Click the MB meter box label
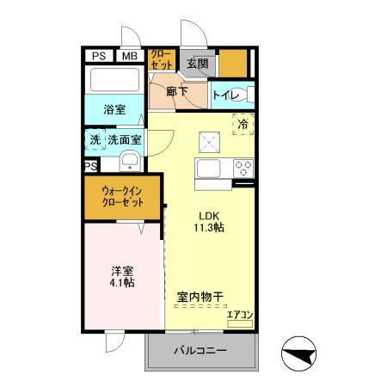[x=129, y=57]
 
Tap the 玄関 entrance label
[x=197, y=63]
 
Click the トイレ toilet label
[x=225, y=95]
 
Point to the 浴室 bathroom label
[x=114, y=110]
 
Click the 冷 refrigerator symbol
[x=243, y=125]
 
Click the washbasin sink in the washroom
[x=130, y=161]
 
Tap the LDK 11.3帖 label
[x=210, y=222]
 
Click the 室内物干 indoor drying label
[x=200, y=298]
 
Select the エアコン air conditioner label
[x=239, y=315]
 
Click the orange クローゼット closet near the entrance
[x=161, y=59]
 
